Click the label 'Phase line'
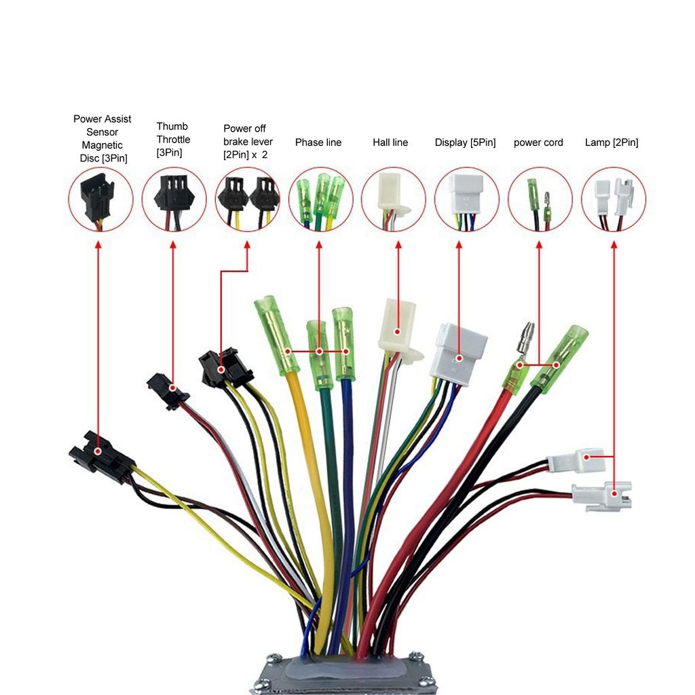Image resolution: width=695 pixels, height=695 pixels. [x=318, y=143]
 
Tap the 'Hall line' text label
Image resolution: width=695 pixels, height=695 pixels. [x=390, y=143]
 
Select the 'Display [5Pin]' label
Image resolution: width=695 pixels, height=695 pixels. [x=465, y=143]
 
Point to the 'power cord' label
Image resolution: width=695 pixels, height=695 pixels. [x=538, y=143]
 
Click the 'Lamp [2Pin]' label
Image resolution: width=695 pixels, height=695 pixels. [x=612, y=143]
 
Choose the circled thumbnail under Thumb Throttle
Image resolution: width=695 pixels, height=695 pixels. [x=174, y=200]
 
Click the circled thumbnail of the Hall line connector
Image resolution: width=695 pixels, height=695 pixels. [x=393, y=200]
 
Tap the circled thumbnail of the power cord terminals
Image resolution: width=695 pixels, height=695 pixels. [x=540, y=200]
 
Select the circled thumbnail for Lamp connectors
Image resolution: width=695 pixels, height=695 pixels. [x=614, y=200]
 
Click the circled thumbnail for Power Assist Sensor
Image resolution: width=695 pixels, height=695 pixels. [x=100, y=200]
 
